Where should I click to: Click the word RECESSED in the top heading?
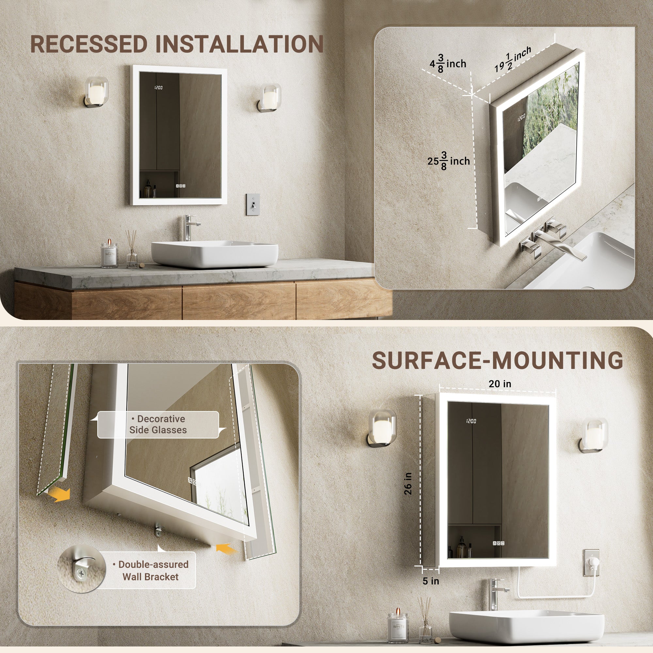pos(89,44)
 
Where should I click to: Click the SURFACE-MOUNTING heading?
pos(497,360)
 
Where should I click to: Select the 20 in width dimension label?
pos(500,384)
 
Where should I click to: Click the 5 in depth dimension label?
pos(431,581)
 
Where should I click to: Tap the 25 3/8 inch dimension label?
pos(449,161)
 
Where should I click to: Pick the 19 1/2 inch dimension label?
pos(513,59)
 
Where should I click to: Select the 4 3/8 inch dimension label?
pos(448,64)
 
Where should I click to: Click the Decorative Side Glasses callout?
pos(158,424)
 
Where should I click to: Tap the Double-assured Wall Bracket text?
pos(151,570)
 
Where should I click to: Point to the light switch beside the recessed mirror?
pos(253,204)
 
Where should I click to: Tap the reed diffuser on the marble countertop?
pos(132,249)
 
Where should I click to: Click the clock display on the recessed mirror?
pos(159,88)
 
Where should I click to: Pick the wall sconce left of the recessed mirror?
pos(96,92)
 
